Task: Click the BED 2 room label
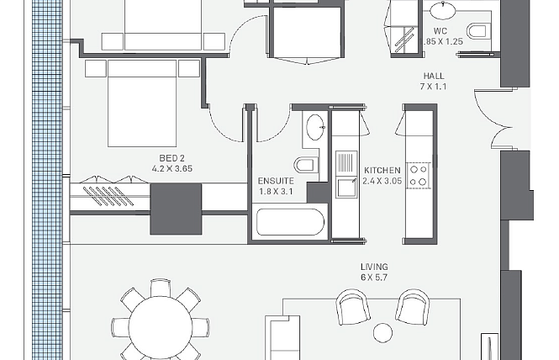pos(171,158)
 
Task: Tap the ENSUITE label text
pos(276,181)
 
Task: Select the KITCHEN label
pos(382,171)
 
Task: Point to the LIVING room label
pos(374,267)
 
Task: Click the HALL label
pos(434,76)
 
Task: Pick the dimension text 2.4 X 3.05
pos(382,181)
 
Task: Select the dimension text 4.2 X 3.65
pos(172,168)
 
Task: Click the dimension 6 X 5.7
pos(374,278)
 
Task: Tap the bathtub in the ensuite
pos(290,222)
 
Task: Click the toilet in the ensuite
pos(305,165)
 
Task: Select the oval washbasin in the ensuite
pos(315,127)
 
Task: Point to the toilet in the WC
pos(477,31)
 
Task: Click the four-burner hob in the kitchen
pos(419,176)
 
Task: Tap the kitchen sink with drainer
pos(346,174)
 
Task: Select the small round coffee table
pos(382,333)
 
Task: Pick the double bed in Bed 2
pos(142,103)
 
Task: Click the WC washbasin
pos(443,9)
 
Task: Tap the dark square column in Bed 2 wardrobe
pos(176,209)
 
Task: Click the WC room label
pos(440,31)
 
